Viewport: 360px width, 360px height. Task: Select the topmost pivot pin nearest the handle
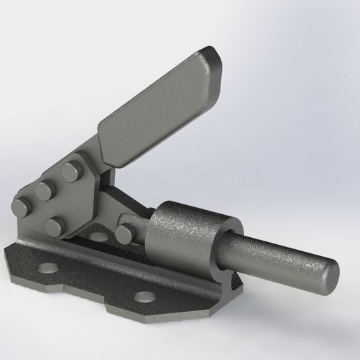pyautogui.click(x=70, y=170)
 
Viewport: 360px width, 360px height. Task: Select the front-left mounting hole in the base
pyautogui.click(x=48, y=267)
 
